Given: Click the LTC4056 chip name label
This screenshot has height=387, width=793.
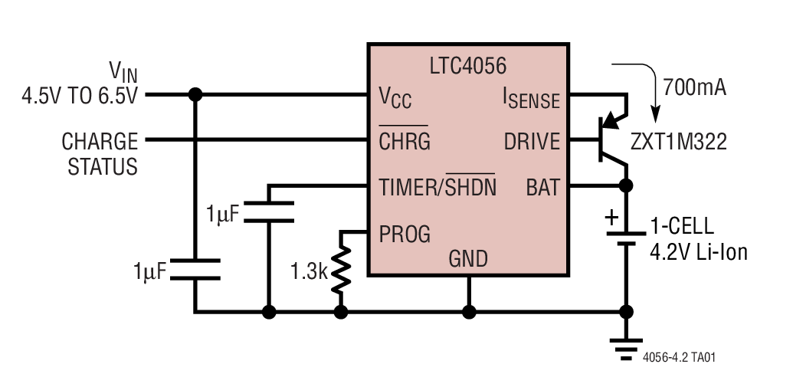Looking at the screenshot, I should click(469, 66).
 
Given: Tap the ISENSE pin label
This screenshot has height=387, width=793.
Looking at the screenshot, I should click(530, 97).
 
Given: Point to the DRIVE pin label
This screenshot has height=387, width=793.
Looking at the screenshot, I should click(532, 142).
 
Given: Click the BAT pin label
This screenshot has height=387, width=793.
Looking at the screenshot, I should click(542, 187).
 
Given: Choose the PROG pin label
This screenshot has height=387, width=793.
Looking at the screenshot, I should click(405, 232).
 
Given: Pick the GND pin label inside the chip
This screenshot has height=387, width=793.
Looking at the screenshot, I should click(468, 259).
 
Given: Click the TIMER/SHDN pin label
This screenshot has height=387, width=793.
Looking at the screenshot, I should click(437, 187).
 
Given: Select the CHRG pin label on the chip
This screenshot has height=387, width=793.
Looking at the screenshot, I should click(405, 142).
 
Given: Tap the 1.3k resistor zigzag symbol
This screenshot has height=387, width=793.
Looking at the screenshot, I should click(341, 271).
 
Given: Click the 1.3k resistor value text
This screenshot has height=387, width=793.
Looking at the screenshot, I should click(309, 271).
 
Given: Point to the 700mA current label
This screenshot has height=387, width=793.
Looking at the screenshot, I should click(694, 85).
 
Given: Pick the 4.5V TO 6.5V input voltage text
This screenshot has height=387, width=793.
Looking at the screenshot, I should click(80, 97).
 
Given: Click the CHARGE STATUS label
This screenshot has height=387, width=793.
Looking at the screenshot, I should click(100, 153).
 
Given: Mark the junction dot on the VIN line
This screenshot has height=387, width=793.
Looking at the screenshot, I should click(195, 94).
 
